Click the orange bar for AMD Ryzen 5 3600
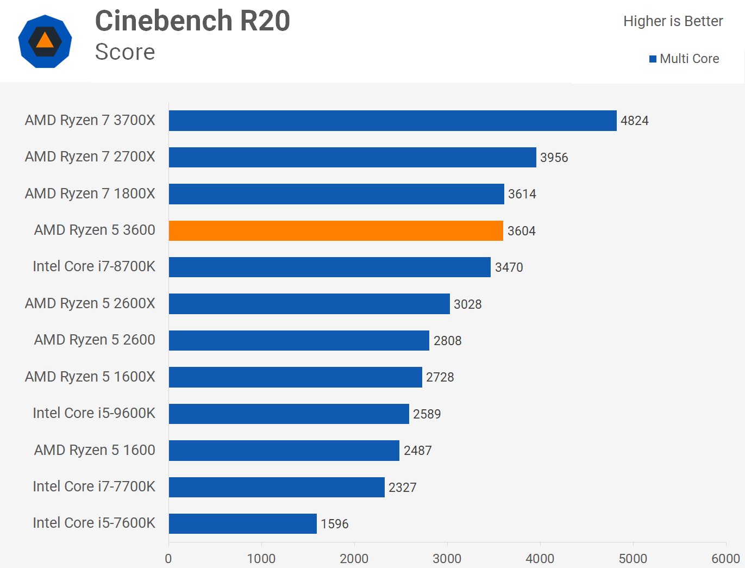(336, 230)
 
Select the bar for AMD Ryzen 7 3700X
(392, 121)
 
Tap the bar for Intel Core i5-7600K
(242, 523)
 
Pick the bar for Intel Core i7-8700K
(329, 267)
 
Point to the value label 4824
(634, 121)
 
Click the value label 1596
(334, 524)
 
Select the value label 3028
(467, 304)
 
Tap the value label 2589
(427, 414)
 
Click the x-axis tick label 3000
(447, 559)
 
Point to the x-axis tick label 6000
(725, 559)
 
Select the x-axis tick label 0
(168, 559)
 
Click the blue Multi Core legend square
(653, 59)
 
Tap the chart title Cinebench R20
(192, 21)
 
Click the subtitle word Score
(125, 52)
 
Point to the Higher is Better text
(673, 21)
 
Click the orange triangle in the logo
(45, 40)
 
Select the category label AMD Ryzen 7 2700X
(90, 157)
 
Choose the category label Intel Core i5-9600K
(94, 413)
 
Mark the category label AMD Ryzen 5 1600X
(90, 377)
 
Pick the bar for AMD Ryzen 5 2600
(299, 340)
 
